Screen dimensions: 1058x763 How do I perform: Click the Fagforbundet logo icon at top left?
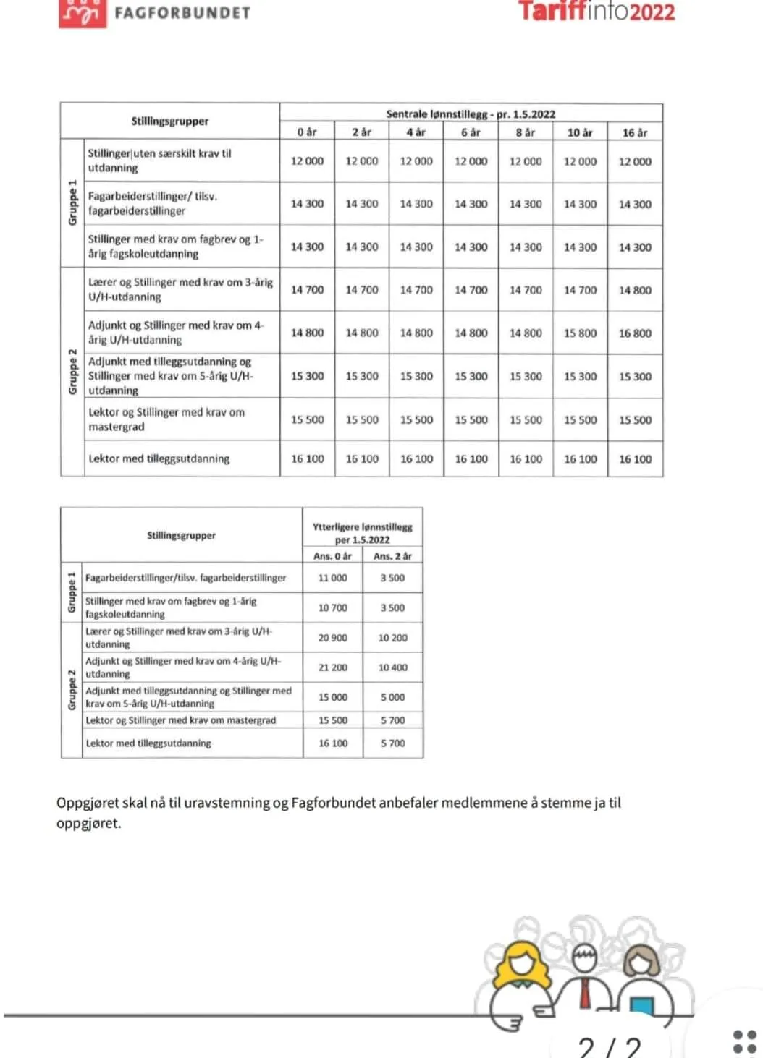tap(82, 13)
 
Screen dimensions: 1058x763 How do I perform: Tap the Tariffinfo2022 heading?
tap(596, 12)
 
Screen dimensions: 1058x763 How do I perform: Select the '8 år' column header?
tap(526, 132)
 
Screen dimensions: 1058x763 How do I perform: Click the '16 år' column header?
tap(635, 132)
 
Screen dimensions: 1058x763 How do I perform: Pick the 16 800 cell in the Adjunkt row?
tap(635, 333)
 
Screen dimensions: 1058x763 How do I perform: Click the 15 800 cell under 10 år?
tap(580, 333)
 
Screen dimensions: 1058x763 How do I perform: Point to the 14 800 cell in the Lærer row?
tap(635, 290)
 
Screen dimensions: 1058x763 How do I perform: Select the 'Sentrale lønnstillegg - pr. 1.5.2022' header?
tap(471, 114)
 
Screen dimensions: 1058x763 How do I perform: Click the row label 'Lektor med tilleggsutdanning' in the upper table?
tap(159, 458)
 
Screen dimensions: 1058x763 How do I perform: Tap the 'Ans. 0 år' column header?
tap(332, 556)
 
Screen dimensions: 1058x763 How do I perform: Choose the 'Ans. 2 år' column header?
tap(392, 556)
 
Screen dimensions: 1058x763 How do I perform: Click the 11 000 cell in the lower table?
tap(332, 578)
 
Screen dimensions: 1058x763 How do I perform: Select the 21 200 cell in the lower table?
tap(332, 667)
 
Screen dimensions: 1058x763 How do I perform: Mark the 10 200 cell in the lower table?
tap(392, 638)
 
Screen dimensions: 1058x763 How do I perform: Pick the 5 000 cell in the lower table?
tap(392, 697)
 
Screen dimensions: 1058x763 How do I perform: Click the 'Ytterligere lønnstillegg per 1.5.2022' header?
tap(362, 533)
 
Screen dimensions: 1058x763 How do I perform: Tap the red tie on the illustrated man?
tap(585, 991)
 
